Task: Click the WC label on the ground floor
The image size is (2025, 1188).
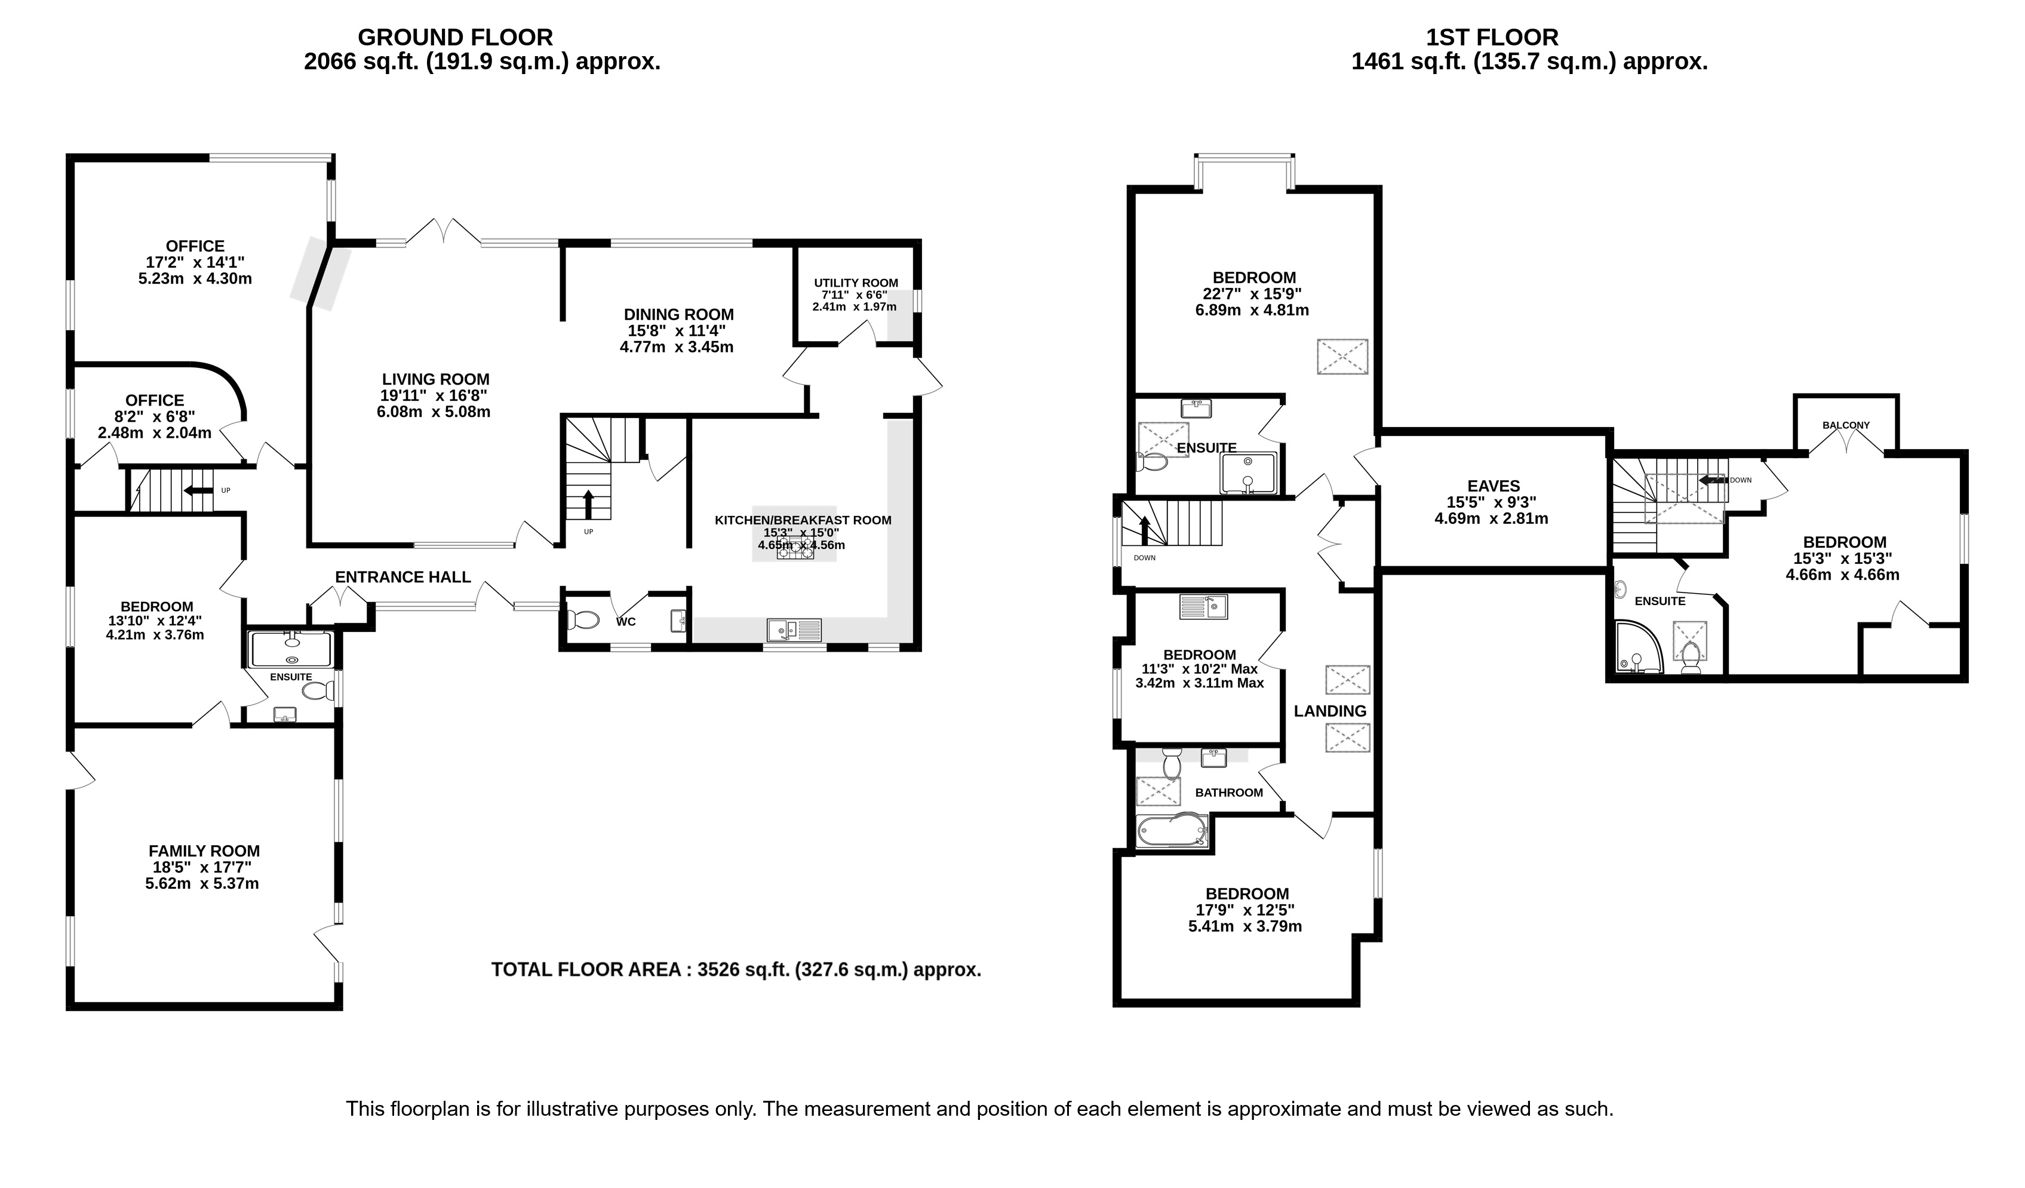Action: [626, 621]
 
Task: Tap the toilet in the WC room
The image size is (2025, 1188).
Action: [583, 621]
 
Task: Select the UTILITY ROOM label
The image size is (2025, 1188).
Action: [856, 283]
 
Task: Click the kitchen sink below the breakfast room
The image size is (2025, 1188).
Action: [794, 630]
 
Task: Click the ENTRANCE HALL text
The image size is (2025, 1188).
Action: [402, 577]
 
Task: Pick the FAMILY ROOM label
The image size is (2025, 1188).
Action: [204, 851]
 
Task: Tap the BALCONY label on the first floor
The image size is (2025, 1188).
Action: [1846, 425]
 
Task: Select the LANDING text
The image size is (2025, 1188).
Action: [1330, 711]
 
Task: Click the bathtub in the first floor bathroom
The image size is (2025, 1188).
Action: [1172, 830]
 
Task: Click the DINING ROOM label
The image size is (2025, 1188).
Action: [679, 314]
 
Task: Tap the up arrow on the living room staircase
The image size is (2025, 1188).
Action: [588, 505]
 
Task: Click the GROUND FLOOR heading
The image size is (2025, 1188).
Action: [455, 37]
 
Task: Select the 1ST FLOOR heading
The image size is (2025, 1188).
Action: [1492, 37]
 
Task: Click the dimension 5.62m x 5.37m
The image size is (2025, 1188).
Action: [202, 883]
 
